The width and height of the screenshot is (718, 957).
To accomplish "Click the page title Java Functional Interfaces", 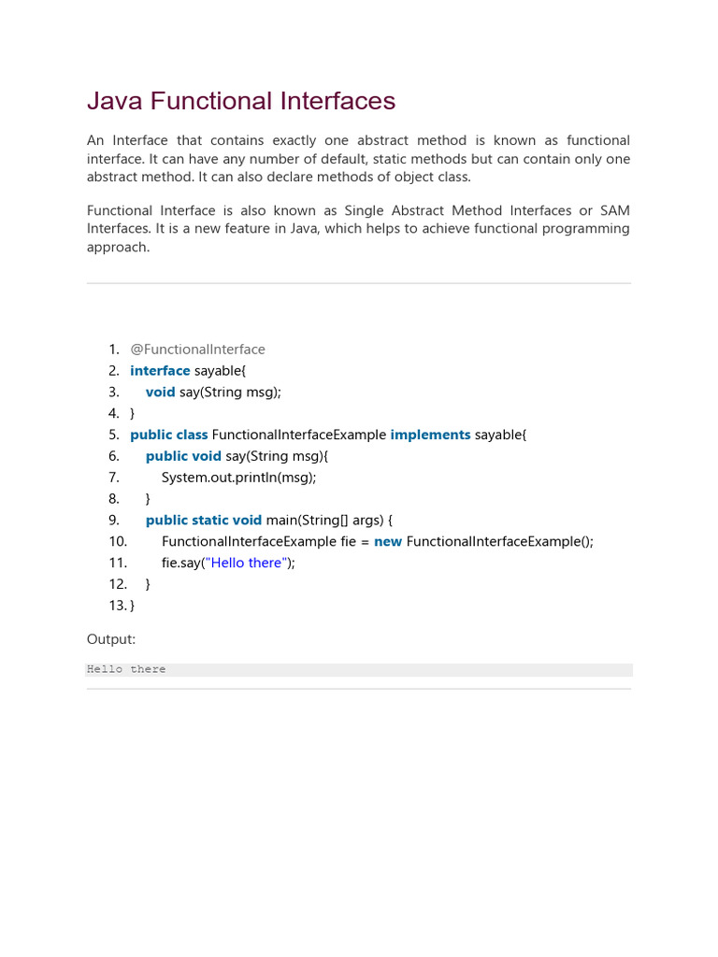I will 241,101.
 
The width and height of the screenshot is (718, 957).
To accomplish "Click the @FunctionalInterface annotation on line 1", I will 197,350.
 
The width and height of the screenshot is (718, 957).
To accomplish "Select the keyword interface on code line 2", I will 160,371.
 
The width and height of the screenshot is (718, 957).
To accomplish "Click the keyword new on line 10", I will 388,541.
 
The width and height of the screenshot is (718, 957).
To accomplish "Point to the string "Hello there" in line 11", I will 248,563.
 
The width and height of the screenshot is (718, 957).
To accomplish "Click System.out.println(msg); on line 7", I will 238,478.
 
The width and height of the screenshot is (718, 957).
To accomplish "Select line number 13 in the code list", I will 118,606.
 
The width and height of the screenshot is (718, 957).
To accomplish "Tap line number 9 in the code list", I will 114,521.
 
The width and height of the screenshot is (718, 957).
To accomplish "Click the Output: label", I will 111,639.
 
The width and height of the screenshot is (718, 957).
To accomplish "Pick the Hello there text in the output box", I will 126,669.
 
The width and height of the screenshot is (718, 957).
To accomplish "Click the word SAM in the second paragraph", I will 614,211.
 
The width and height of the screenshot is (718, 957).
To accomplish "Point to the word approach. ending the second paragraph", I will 118,248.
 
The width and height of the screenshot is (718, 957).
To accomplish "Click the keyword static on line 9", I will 210,521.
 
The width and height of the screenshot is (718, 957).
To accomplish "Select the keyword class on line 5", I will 192,435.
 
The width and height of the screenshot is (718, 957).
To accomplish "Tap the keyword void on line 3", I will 161,393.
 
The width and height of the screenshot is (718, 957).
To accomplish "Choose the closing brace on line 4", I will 133,413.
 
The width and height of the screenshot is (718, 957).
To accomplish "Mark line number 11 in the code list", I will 118,563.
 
